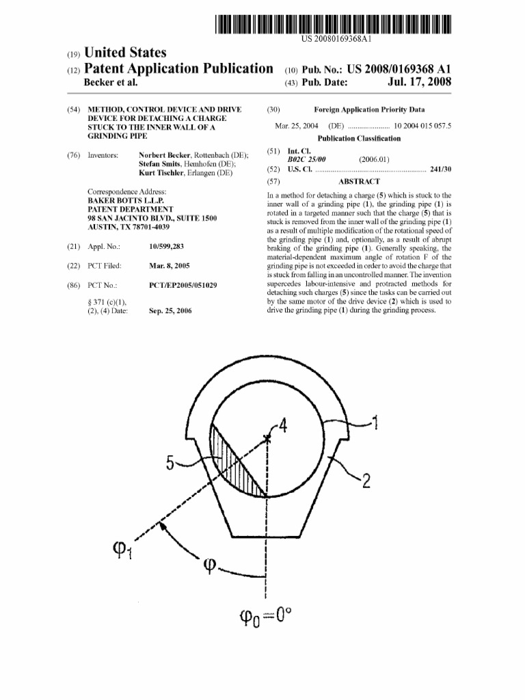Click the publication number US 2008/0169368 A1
coord(390,69)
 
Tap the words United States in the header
coord(124,53)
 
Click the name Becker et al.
coord(110,83)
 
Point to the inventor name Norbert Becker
coord(164,156)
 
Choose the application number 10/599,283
coord(166,246)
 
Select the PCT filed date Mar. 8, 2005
coord(169,265)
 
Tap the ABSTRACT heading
coord(359,182)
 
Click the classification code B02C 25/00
coord(306,159)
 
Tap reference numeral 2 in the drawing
coord(366,482)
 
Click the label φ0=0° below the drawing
coord(265,620)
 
